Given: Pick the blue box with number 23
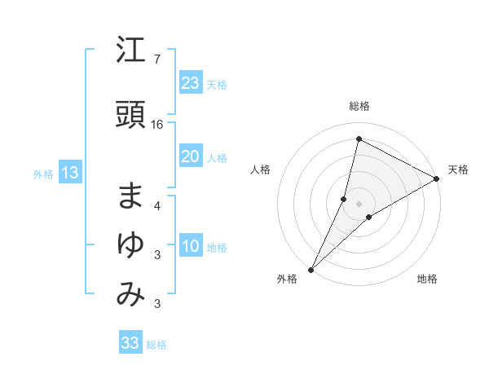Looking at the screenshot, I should coord(191,82).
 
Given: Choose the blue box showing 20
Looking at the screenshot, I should coord(191,156).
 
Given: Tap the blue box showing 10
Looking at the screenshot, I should coord(191,246).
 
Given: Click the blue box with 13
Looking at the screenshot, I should coord(69,173).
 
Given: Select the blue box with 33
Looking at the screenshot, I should coord(130,343).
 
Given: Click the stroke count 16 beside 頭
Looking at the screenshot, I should coord(157,125).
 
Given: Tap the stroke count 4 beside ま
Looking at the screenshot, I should coord(156,206).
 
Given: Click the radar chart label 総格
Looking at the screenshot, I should coord(359,107).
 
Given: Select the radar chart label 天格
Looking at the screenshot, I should coord(458,169).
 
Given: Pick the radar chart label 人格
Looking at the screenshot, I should coord(260,169).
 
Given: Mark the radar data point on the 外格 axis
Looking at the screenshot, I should coord(311,269).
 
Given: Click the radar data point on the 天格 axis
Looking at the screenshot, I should coord(437,178).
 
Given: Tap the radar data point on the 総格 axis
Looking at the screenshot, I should coord(359,139).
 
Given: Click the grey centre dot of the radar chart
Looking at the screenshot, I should coord(359,204).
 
